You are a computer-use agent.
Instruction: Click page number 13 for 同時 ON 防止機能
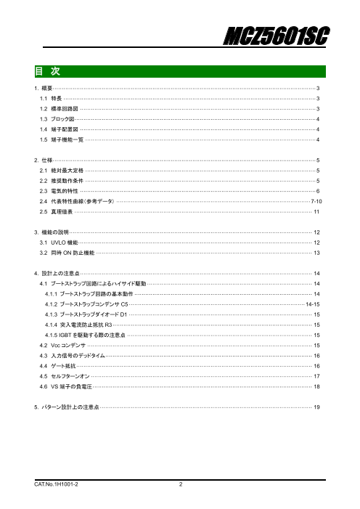(316, 253)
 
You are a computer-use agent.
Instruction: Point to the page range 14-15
(313, 304)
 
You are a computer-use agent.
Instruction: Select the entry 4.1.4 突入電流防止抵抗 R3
(83, 325)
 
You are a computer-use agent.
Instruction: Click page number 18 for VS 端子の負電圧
(316, 388)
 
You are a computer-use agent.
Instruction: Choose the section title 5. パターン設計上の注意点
(67, 408)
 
